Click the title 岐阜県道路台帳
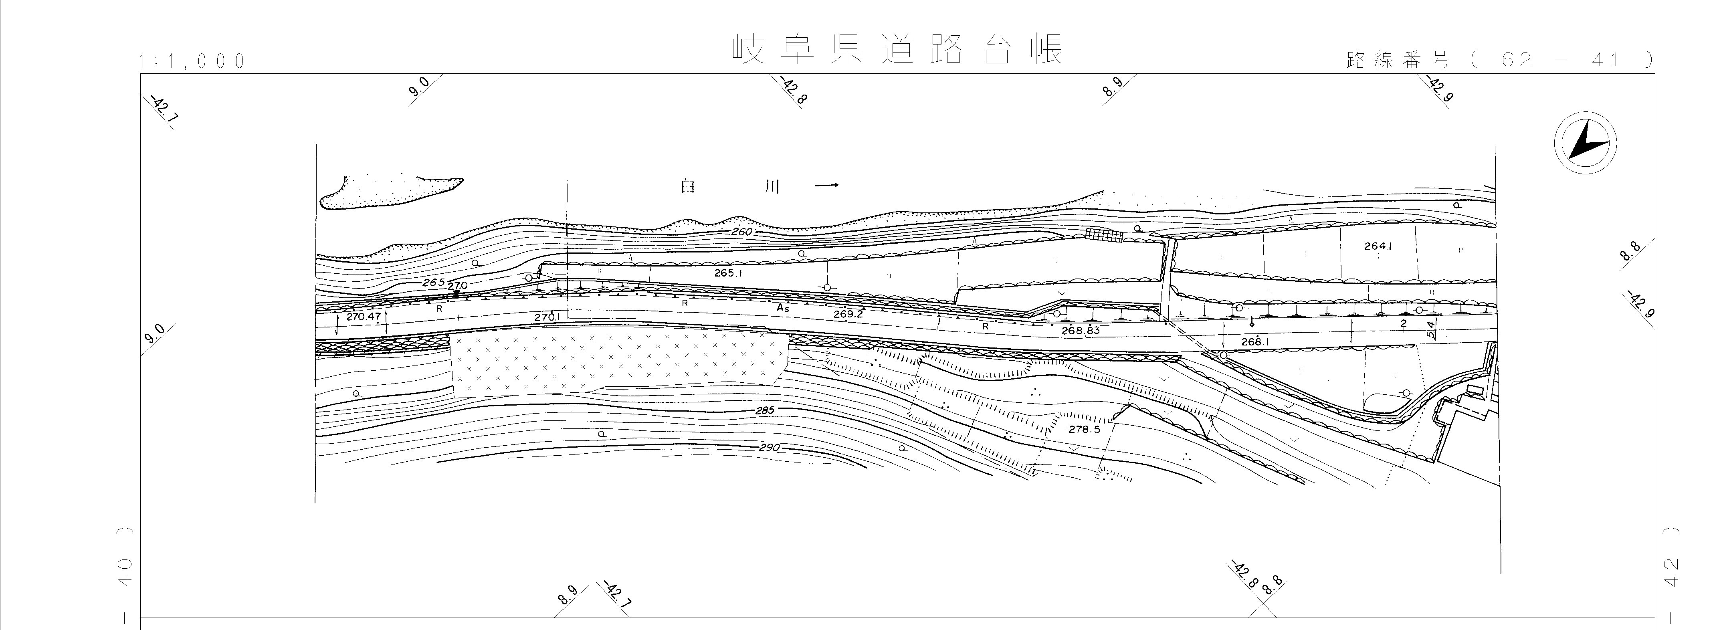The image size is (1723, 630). [896, 50]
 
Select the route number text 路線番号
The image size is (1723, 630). [1397, 60]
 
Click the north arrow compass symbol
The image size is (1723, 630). [1585, 144]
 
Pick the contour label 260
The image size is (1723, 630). [742, 232]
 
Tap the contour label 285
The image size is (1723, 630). [764, 410]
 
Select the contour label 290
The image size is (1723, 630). [769, 447]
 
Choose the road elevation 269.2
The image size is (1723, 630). [848, 314]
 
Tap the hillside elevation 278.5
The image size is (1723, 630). [1084, 429]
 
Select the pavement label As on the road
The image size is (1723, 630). [783, 308]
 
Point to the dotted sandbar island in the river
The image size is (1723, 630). [388, 193]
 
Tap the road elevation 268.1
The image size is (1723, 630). [1255, 342]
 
